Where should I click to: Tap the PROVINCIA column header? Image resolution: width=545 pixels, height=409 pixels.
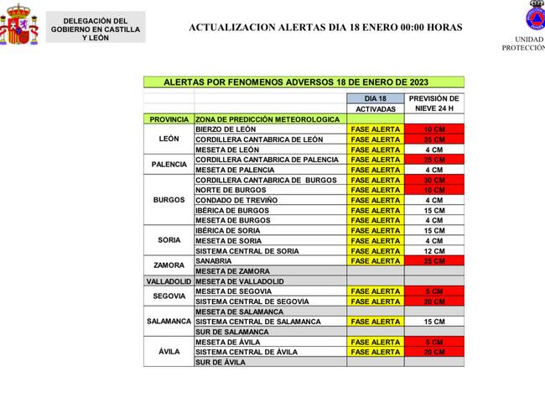(169, 119)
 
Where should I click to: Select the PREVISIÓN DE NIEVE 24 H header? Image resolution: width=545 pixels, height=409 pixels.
(433, 103)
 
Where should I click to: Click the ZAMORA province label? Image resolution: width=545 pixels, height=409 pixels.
(169, 265)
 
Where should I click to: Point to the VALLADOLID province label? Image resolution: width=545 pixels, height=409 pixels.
(169, 281)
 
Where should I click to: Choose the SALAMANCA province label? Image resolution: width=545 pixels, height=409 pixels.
(169, 322)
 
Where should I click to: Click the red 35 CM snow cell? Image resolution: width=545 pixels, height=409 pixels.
(433, 139)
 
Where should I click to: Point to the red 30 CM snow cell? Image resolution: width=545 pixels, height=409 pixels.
(433, 180)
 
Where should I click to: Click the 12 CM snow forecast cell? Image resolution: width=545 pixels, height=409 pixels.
(433, 250)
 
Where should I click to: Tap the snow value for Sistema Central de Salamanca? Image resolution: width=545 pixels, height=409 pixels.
(433, 322)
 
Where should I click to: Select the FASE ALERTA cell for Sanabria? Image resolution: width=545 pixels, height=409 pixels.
(375, 260)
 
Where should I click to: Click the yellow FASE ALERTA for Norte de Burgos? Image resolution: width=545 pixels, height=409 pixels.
(375, 190)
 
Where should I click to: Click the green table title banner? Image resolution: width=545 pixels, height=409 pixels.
(303, 82)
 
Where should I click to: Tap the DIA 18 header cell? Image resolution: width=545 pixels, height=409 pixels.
(375, 98)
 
